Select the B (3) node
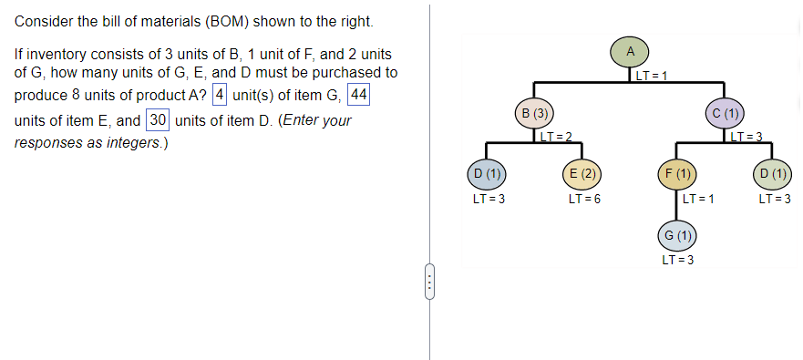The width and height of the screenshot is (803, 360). tap(534, 114)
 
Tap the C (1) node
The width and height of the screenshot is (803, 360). tap(726, 114)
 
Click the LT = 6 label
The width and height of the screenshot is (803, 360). tap(582, 199)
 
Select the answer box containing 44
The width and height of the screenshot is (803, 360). tap(359, 96)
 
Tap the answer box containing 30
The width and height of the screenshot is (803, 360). tap(158, 120)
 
